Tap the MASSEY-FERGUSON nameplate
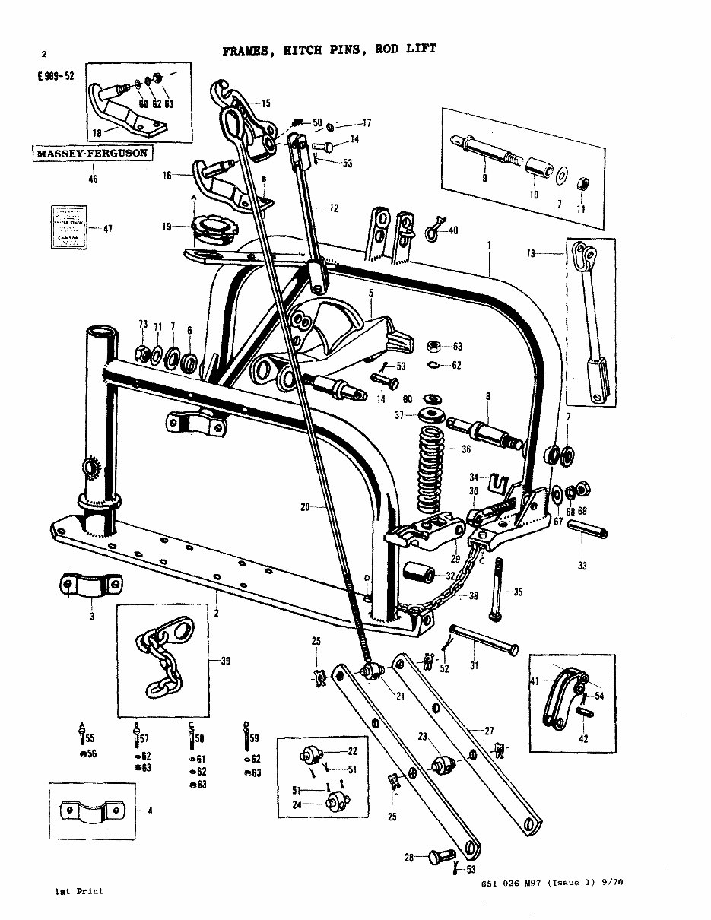pyautogui.click(x=90, y=154)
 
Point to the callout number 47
pyautogui.click(x=107, y=228)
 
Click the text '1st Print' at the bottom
pyautogui.click(x=78, y=890)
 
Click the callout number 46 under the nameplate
pyautogui.click(x=93, y=179)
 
